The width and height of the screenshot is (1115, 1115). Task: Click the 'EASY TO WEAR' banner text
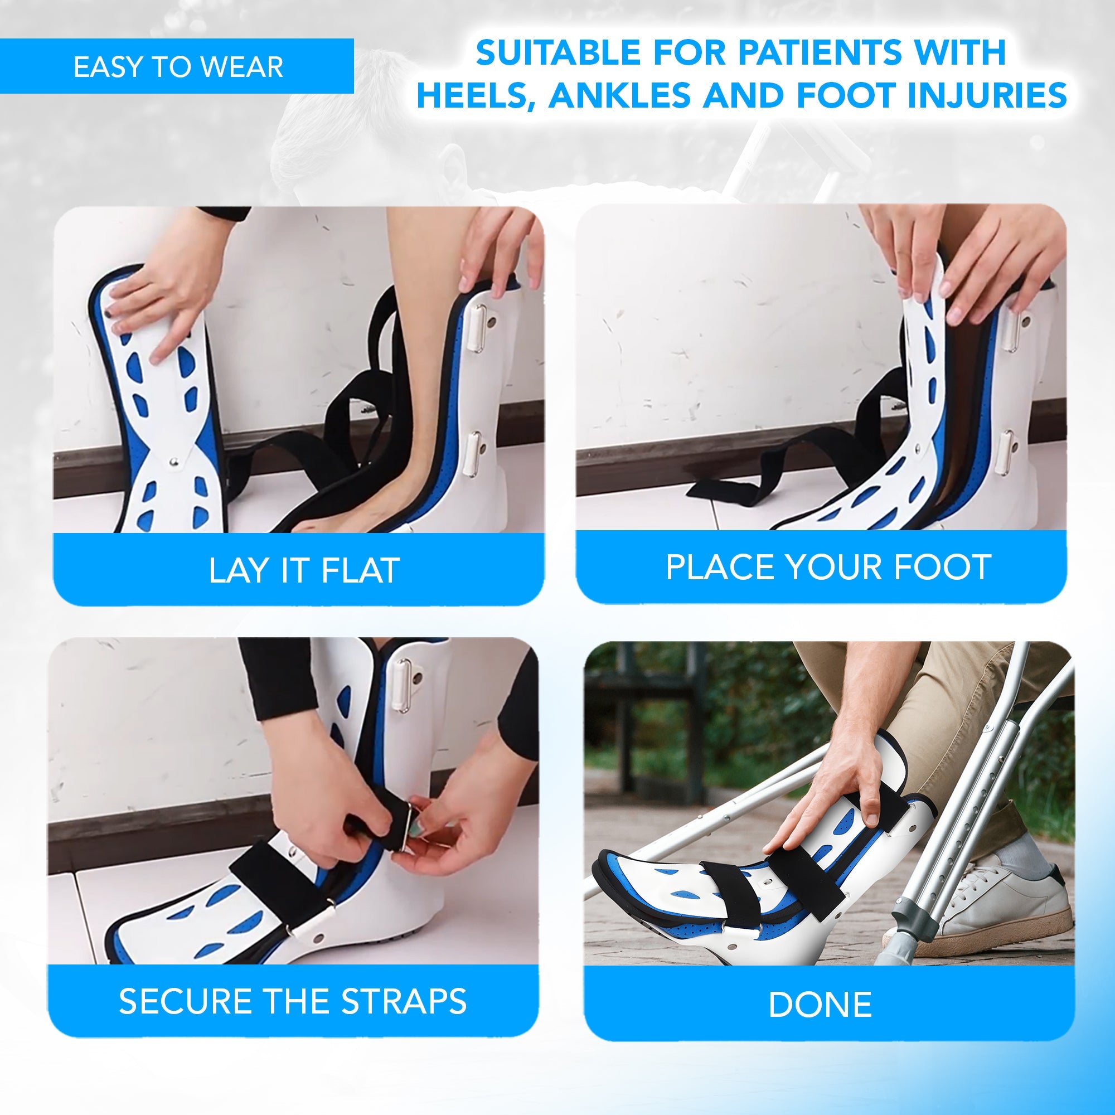178,67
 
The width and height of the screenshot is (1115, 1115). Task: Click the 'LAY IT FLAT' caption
304,570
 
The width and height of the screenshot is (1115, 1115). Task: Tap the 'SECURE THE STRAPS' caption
293,1001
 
